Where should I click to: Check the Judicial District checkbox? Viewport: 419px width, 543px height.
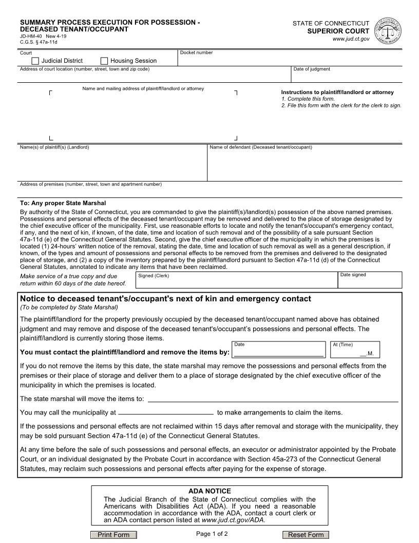[x=35, y=61]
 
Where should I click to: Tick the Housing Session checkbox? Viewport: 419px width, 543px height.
[x=104, y=61]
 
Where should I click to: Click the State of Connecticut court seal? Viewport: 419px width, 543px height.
[x=389, y=30]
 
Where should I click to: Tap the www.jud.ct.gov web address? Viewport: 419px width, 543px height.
[x=351, y=39]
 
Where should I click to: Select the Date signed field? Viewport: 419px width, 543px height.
[x=369, y=282]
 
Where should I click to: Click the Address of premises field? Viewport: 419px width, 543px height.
[x=211, y=192]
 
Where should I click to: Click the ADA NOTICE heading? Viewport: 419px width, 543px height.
[x=209, y=491]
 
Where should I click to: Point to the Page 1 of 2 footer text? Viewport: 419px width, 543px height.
[x=212, y=534]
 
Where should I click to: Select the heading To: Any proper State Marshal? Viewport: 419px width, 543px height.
[x=63, y=203]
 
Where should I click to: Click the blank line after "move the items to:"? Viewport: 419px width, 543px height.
[x=273, y=399]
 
